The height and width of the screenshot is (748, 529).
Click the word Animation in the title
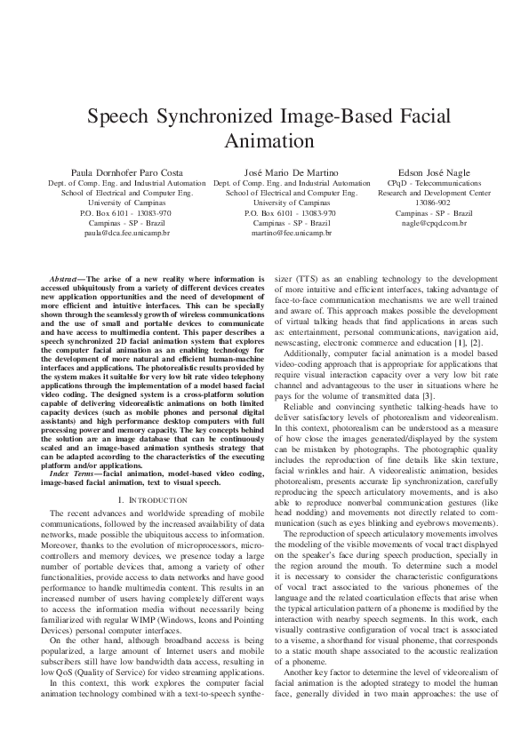264,140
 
